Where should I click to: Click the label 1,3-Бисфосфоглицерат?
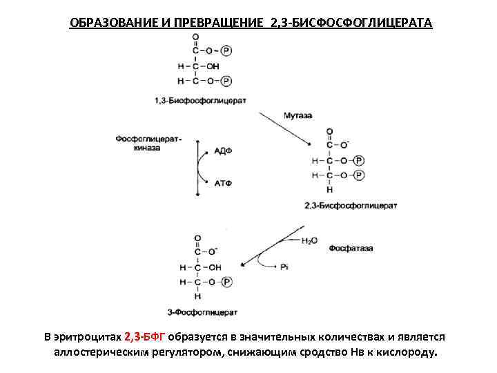(x=200, y=100)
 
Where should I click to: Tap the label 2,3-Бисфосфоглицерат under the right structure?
(x=350, y=205)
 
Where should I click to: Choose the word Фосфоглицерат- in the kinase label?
(x=148, y=138)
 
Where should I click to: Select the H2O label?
(x=309, y=241)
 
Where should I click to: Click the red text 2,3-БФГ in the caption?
(x=145, y=337)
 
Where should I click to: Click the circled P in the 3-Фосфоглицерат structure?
(x=226, y=282)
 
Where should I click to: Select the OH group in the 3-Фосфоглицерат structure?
(x=214, y=267)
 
